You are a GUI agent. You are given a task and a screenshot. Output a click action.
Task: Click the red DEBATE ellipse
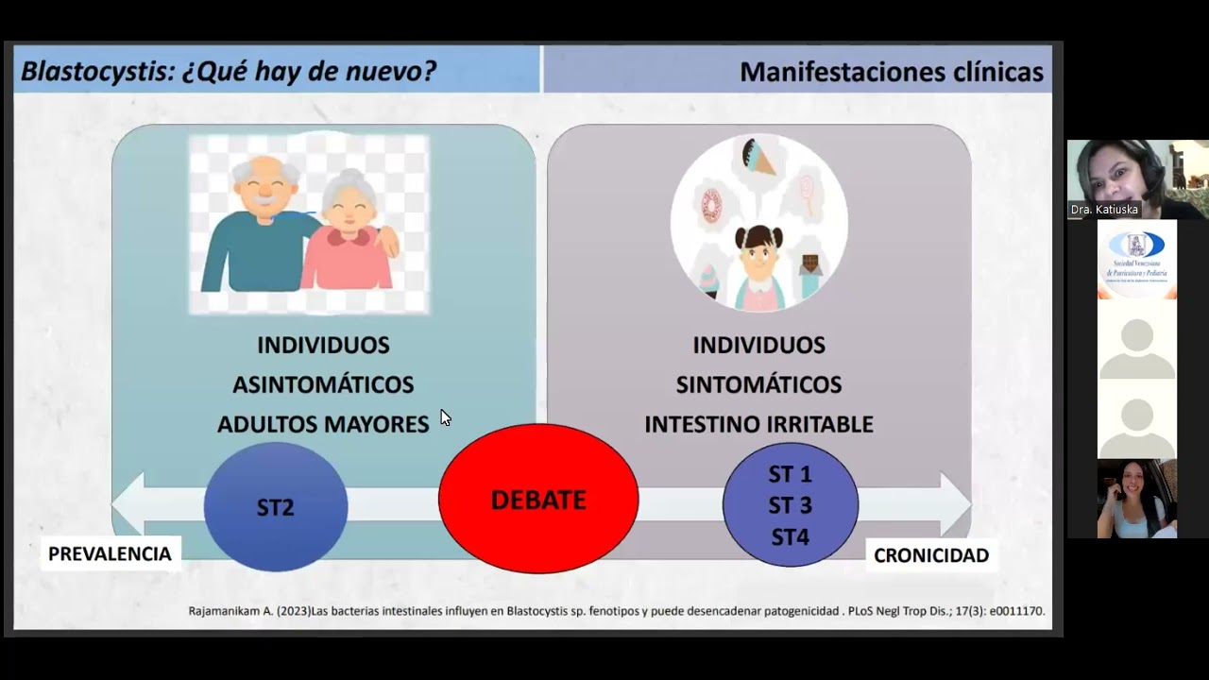tap(538, 499)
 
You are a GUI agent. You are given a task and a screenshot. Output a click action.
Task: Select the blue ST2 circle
tap(276, 507)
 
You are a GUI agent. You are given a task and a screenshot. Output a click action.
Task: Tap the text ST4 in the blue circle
tap(791, 537)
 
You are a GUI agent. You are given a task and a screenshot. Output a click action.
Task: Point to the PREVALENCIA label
tap(110, 553)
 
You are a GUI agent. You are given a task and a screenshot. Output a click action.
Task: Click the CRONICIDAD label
tap(930, 555)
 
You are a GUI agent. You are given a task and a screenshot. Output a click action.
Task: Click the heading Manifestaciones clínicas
tap(891, 72)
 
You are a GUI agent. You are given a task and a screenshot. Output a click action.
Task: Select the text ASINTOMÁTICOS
tap(323, 384)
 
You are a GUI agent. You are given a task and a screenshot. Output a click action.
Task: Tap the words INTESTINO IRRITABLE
tap(758, 424)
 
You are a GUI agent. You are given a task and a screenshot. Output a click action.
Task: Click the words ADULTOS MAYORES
tap(323, 424)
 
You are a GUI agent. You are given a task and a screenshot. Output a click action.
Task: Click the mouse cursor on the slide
tap(445, 416)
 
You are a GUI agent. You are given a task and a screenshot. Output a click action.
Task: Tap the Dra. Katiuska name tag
tap(1103, 210)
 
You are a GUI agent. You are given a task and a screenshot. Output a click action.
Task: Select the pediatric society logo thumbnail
tap(1137, 259)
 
